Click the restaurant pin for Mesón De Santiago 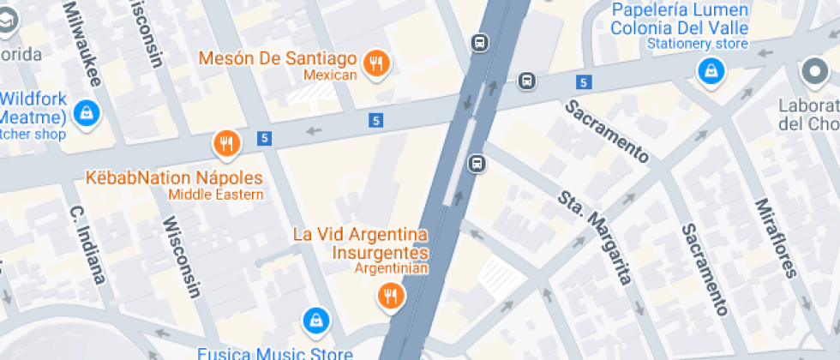(375, 63)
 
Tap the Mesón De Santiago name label (277, 59)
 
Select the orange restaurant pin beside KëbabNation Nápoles (226, 144)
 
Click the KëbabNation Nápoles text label (174, 178)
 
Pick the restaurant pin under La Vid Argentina (391, 296)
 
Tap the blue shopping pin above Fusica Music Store (316, 321)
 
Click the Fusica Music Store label (274, 352)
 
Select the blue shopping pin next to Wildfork (86, 111)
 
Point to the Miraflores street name (777, 237)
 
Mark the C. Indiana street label (87, 244)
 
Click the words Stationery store (698, 44)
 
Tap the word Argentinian (390, 268)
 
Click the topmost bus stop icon (479, 41)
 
